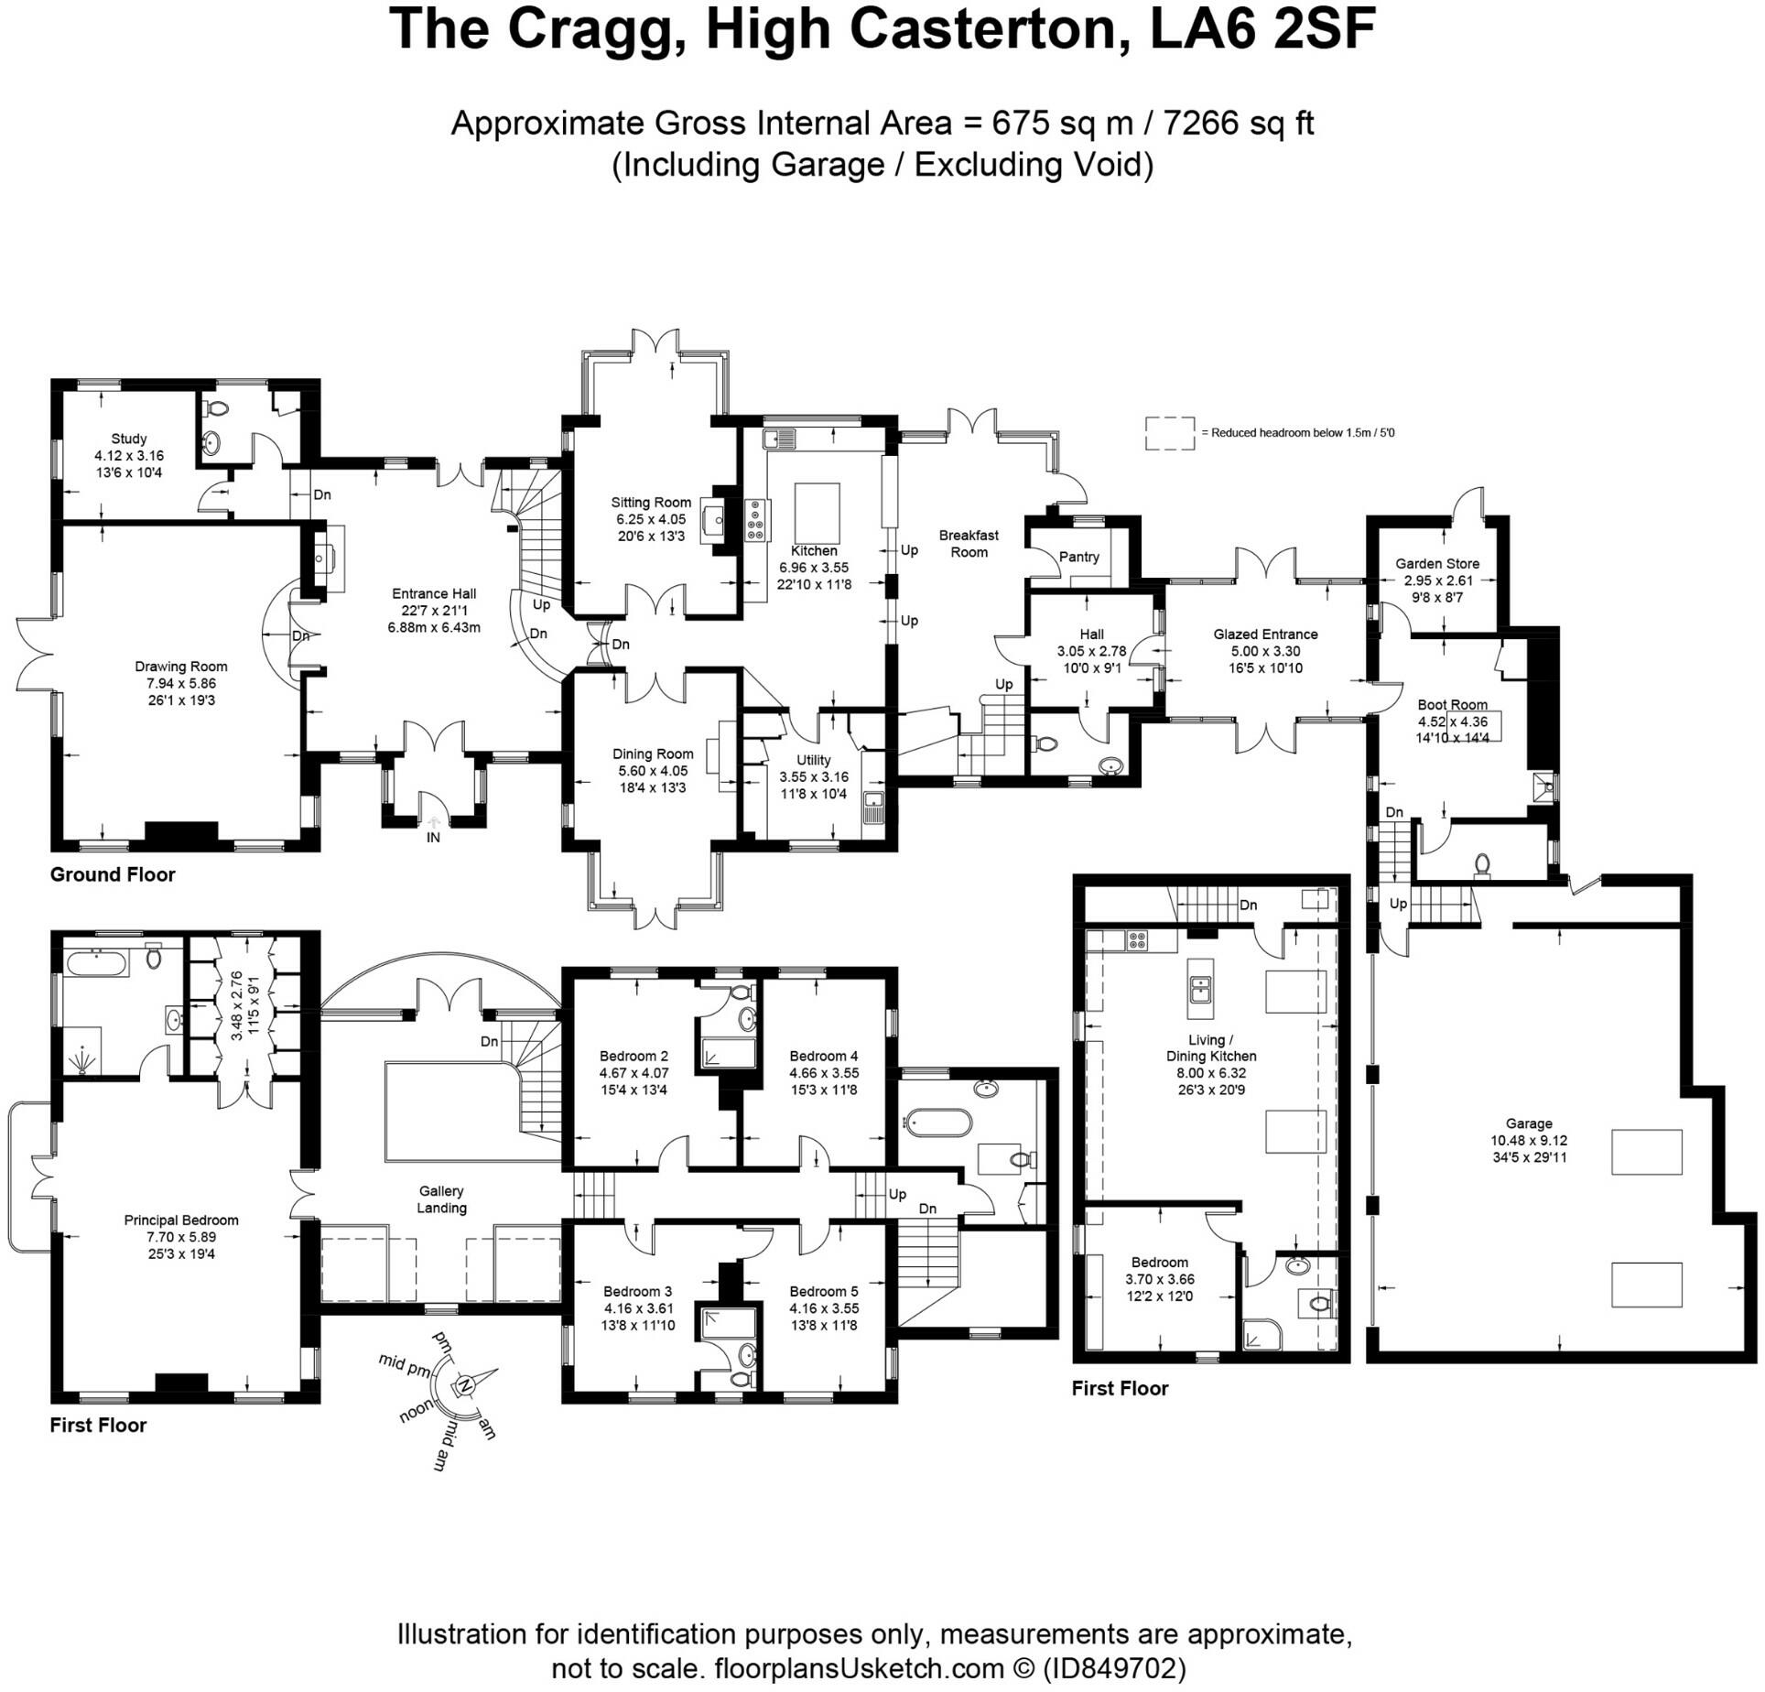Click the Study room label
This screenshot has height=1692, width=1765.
point(129,439)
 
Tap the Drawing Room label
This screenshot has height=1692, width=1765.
point(181,667)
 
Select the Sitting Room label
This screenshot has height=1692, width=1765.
point(651,503)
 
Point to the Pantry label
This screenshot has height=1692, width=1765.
point(1079,557)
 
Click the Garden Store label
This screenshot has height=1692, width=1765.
point(1437,564)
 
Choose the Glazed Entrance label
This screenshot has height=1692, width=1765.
point(1266,634)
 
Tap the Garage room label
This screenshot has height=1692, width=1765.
point(1529,1123)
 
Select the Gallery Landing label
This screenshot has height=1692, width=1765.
point(441,1199)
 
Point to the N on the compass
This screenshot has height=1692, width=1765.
point(465,1384)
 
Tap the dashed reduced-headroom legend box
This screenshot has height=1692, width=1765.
point(1170,433)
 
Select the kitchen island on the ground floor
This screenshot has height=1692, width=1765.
point(817,513)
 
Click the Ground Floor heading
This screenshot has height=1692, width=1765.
point(113,874)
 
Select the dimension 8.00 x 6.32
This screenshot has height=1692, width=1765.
point(1210,1073)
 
